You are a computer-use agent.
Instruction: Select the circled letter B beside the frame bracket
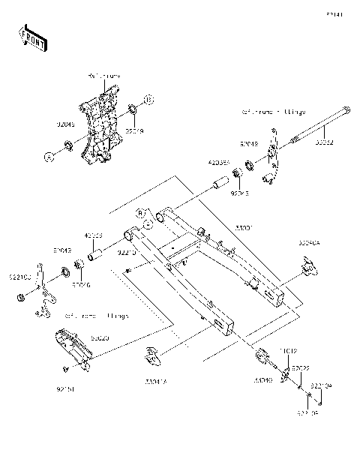[x=148, y=99]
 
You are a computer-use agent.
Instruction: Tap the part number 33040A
[x=309, y=243]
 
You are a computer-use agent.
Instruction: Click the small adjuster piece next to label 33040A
[x=307, y=265]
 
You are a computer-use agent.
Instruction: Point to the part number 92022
[x=301, y=368]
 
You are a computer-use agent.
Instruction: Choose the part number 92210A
[x=321, y=387]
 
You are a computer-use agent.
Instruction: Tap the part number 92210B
[x=304, y=412]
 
